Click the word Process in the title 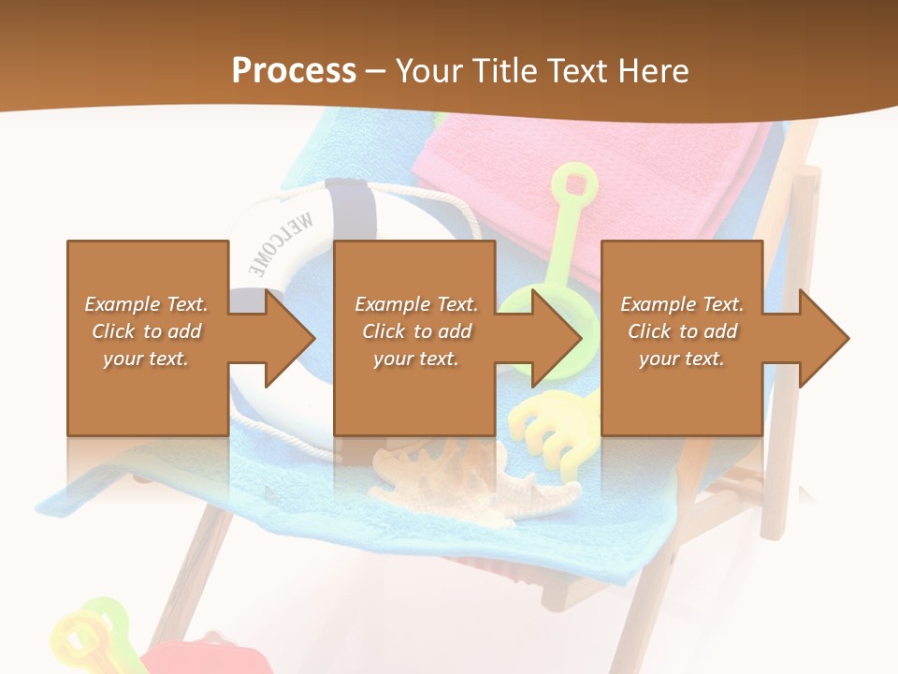click(294, 71)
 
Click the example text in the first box click(147, 331)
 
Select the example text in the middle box click(416, 331)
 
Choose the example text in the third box click(682, 331)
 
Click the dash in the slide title click(376, 71)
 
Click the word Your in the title click(430, 71)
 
